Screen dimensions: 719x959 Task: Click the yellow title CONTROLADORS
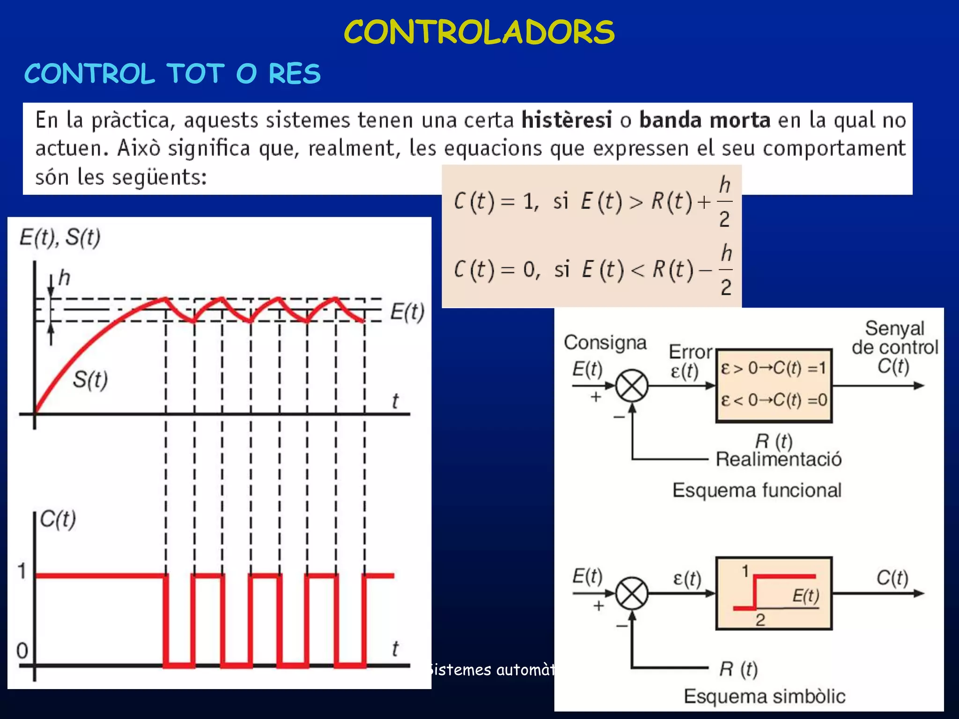(479, 32)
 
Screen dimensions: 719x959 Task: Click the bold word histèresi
(567, 120)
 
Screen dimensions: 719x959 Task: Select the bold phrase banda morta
(705, 120)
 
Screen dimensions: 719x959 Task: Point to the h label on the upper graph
(64, 278)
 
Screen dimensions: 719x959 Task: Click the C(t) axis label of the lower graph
(58, 519)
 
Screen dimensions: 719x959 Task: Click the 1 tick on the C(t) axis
(22, 572)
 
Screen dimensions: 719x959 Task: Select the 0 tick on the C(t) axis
(22, 651)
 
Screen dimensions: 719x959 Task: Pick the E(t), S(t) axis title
(60, 237)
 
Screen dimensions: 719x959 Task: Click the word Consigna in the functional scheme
(605, 343)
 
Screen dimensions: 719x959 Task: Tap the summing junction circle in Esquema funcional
(632, 386)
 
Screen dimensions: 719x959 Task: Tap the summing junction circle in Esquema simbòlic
(632, 594)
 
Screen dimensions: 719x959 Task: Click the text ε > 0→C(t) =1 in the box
(774, 368)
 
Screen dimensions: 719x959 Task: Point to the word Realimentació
(779, 459)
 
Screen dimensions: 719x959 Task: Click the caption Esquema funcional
(757, 491)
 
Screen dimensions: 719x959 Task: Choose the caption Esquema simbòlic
(764, 697)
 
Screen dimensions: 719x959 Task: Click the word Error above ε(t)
(690, 352)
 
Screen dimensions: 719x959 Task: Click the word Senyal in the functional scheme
(894, 329)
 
